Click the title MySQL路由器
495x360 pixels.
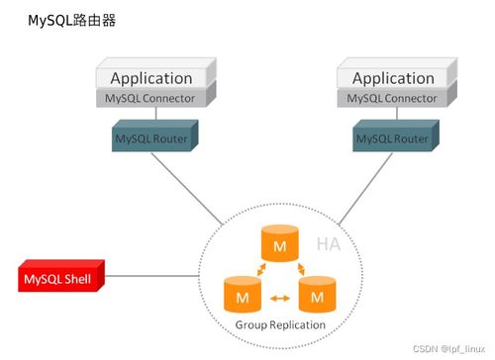click(71, 19)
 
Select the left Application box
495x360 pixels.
click(151, 77)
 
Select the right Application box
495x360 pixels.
click(393, 77)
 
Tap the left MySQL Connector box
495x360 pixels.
click(151, 99)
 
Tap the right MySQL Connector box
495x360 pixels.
click(393, 99)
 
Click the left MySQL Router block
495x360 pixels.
click(151, 138)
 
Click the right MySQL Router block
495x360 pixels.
click(393, 138)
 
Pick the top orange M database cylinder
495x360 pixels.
click(279, 243)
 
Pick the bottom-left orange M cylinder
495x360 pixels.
click(243, 295)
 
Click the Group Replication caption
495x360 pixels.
click(280, 324)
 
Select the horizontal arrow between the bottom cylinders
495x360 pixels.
click(280, 296)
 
